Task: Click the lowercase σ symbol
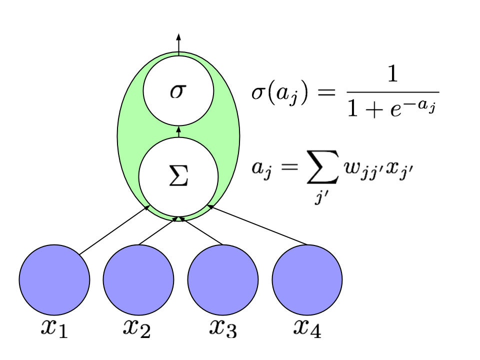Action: (x=178, y=91)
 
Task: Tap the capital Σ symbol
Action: (x=178, y=176)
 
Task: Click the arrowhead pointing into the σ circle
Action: (x=178, y=129)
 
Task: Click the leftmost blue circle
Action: (x=54, y=280)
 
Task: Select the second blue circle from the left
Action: (x=138, y=280)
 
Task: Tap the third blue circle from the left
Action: (x=223, y=280)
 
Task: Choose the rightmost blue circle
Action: (x=307, y=280)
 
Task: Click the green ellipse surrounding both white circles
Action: (x=129, y=135)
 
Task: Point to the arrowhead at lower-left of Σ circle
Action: (x=147, y=205)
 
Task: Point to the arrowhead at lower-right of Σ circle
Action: (x=210, y=205)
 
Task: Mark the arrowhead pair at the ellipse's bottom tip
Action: (x=178, y=218)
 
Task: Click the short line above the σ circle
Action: (x=178, y=53)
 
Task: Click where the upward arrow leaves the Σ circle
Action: (x=178, y=137)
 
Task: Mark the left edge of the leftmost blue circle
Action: (x=20, y=280)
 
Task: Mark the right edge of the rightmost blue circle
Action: (x=341, y=280)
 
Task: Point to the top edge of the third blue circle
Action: (x=223, y=246)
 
